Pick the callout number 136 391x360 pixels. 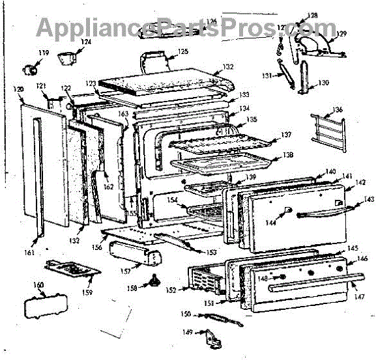coord(337,109)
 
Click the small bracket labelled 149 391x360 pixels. coord(209,338)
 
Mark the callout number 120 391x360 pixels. coord(18,90)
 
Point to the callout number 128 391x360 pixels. coord(313,15)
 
